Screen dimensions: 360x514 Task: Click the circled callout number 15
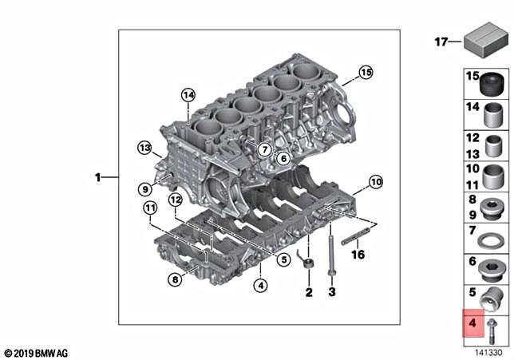click(x=365, y=73)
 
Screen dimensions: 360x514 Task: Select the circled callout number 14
click(x=188, y=96)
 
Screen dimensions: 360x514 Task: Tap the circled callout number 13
click(x=144, y=148)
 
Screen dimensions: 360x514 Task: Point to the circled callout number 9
click(x=144, y=189)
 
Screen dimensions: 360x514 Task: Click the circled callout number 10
click(x=376, y=181)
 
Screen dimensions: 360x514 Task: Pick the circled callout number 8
click(x=175, y=279)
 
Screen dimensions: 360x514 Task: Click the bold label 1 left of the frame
click(x=98, y=178)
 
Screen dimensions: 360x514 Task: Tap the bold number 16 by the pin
click(x=358, y=255)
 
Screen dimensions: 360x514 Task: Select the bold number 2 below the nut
click(x=308, y=293)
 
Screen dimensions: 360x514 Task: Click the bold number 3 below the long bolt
click(x=331, y=293)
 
